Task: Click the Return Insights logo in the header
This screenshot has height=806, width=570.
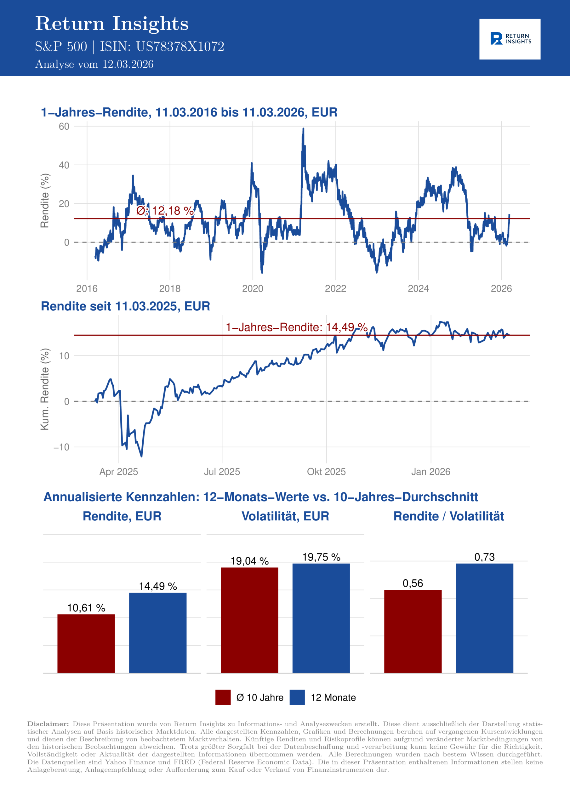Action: tap(510, 39)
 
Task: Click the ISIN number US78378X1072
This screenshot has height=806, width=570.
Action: tap(180, 47)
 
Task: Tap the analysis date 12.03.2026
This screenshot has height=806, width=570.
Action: tap(128, 65)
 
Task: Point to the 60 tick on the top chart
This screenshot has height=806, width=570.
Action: tap(64, 126)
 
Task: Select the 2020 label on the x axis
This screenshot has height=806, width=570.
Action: tap(253, 289)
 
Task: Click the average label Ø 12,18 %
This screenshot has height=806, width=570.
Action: tap(165, 211)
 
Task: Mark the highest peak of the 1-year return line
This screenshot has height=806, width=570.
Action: tap(304, 129)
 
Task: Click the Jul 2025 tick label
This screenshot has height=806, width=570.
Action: tap(222, 471)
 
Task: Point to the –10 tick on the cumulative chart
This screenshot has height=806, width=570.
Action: tap(61, 447)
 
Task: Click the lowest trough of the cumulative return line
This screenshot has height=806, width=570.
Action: tap(141, 456)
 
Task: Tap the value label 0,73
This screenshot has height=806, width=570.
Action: tap(484, 557)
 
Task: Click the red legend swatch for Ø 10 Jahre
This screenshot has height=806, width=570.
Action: tap(223, 697)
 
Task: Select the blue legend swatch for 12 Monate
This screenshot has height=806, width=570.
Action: tap(297, 697)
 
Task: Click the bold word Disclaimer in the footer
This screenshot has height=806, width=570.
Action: tap(48, 724)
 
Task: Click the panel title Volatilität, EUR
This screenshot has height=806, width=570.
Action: tap(285, 516)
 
